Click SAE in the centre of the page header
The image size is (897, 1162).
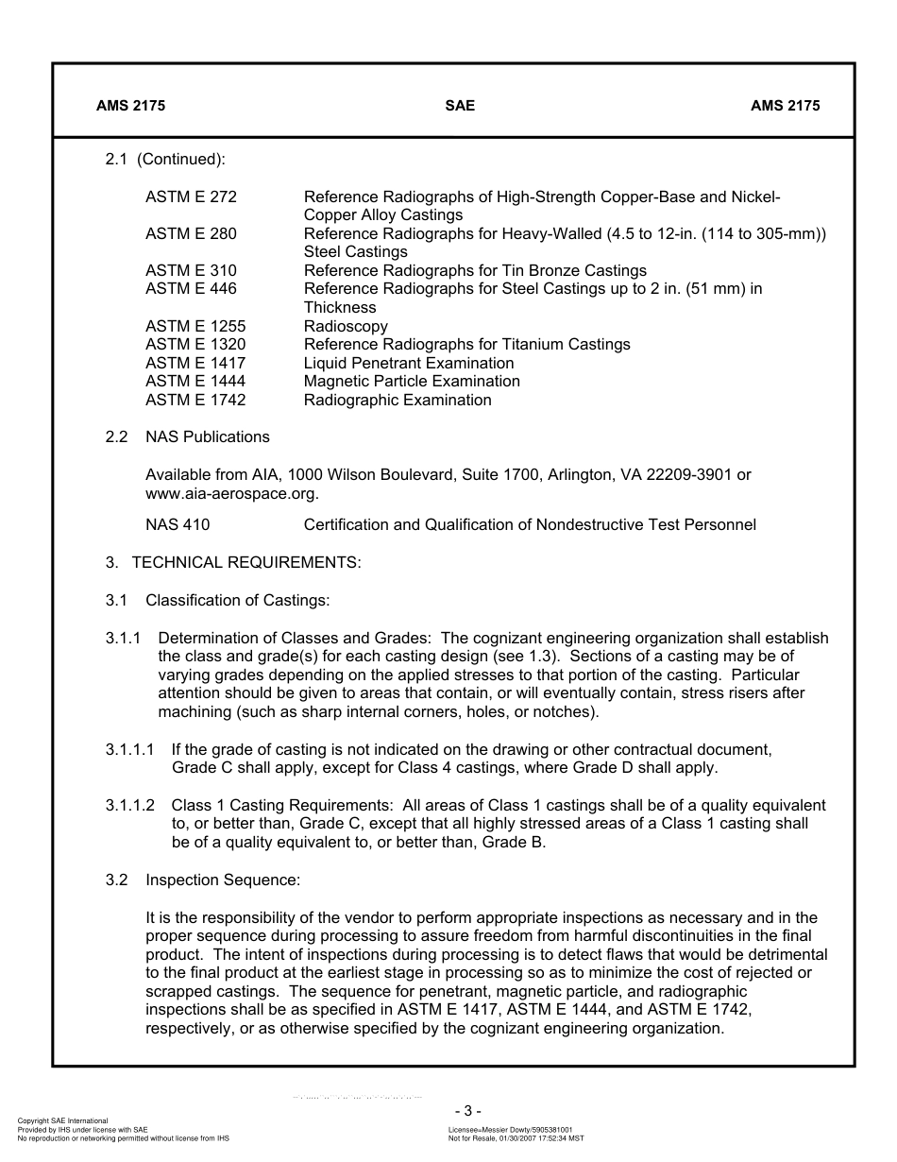460,106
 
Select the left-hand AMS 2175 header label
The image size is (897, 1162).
130,106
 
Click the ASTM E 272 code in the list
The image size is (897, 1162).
191,197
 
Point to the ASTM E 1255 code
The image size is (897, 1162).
195,326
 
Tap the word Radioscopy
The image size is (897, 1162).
346,326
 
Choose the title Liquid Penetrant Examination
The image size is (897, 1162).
409,363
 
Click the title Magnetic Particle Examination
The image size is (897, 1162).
412,382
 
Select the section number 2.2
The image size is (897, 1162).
116,436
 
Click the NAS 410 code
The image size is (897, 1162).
178,524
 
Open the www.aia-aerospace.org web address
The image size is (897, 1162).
231,493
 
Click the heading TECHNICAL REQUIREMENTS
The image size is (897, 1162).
245,563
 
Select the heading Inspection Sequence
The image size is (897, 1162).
223,880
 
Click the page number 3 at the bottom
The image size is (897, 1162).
466,1111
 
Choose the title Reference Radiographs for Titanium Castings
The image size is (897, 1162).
466,345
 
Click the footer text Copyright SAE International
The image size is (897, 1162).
62,1120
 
